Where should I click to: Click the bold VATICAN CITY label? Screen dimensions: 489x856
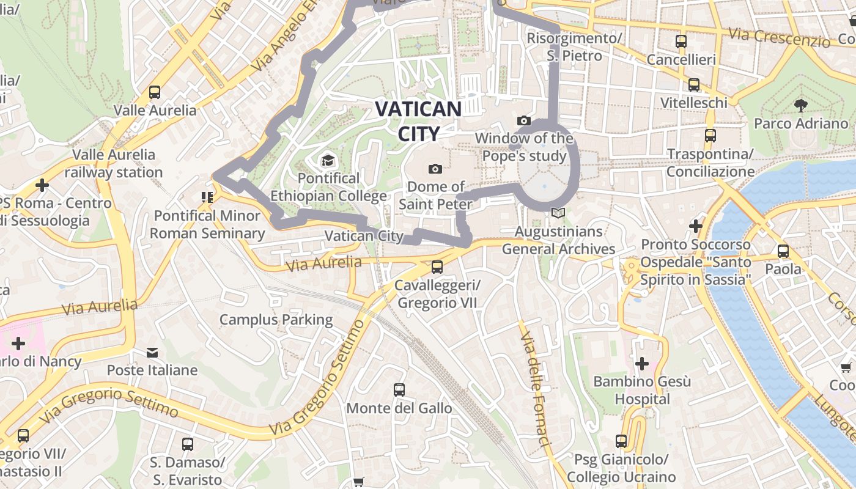pyautogui.click(x=418, y=121)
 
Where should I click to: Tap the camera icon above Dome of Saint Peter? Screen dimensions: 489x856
pyautogui.click(x=435, y=169)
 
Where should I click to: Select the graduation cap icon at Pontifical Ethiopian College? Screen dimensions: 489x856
pyautogui.click(x=328, y=161)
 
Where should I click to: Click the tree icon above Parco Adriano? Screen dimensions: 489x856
pyautogui.click(x=800, y=106)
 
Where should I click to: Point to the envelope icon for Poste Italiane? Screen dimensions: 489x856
pyautogui.click(x=152, y=353)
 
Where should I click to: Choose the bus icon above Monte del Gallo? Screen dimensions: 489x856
pyautogui.click(x=399, y=390)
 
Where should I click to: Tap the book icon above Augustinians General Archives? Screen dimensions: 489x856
pyautogui.click(x=558, y=213)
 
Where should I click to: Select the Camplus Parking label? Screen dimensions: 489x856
pyautogui.click(x=276, y=320)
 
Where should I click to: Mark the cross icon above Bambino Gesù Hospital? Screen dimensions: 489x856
pyautogui.click(x=641, y=364)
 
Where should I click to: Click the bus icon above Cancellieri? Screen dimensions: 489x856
pyautogui.click(x=681, y=42)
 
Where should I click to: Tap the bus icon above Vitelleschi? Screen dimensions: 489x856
pyautogui.click(x=694, y=85)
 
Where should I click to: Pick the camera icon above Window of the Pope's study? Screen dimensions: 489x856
pyautogui.click(x=523, y=121)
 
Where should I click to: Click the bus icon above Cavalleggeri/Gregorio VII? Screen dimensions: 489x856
pyautogui.click(x=437, y=267)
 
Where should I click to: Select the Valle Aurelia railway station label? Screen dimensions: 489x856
pyautogui.click(x=114, y=163)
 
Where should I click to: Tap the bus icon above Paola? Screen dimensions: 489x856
pyautogui.click(x=783, y=251)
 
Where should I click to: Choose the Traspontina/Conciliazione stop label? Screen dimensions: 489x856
pyautogui.click(x=710, y=163)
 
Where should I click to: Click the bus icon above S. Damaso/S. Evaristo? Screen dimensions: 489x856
pyautogui.click(x=188, y=444)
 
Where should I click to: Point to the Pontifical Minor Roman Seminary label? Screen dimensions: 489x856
pyautogui.click(x=207, y=224)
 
